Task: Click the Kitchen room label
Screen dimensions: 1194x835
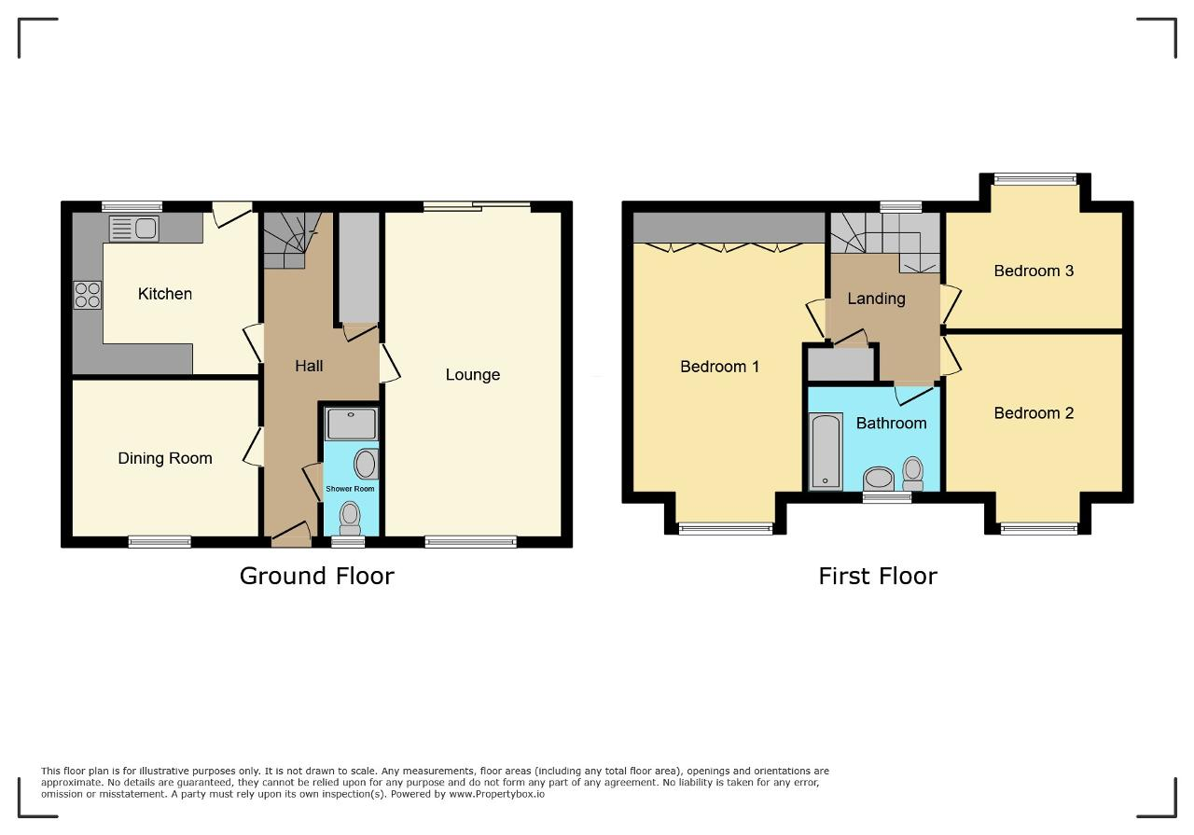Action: (165, 294)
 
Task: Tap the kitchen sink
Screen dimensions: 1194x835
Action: (133, 229)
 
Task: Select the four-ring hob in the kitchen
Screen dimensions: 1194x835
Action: (88, 295)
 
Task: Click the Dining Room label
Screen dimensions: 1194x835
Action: (165, 458)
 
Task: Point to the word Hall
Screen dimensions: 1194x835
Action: (309, 366)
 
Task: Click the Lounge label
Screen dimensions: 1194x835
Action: (473, 375)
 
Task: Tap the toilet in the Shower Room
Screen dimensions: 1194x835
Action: (350, 518)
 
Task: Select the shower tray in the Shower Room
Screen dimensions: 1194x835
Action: (351, 424)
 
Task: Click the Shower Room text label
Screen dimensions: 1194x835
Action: (350, 489)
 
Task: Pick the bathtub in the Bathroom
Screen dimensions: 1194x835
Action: (826, 452)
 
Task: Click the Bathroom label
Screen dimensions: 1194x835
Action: (891, 424)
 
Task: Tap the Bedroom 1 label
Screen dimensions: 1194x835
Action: (719, 367)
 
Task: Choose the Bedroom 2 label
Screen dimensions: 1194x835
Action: (1034, 413)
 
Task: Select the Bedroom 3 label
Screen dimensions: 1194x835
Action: (1034, 271)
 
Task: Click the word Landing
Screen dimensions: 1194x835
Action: (876, 299)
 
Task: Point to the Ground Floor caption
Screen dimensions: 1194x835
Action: (316, 576)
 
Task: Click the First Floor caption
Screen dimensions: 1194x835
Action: (878, 576)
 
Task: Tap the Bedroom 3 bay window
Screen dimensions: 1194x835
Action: (1035, 179)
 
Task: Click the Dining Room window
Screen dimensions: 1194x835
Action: (160, 542)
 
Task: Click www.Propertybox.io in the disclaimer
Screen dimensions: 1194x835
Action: (497, 794)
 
